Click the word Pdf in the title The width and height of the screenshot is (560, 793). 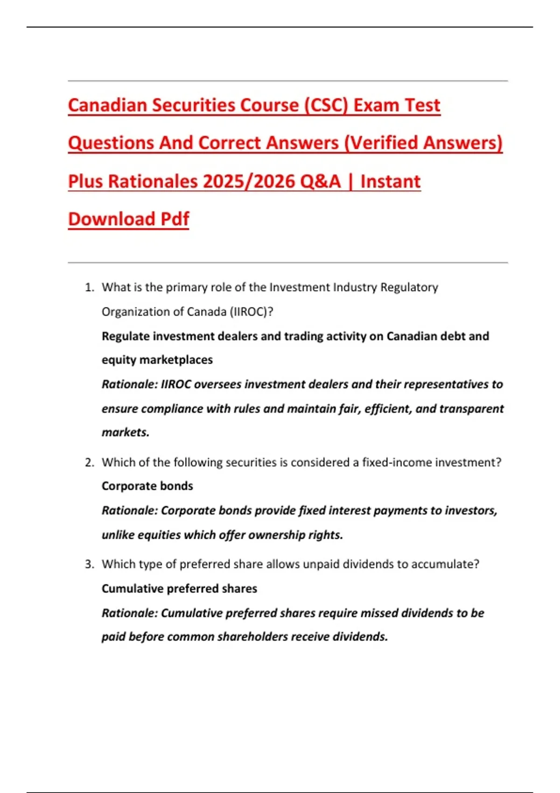click(x=175, y=219)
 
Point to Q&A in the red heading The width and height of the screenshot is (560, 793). click(x=320, y=181)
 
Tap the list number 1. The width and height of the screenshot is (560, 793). click(x=89, y=287)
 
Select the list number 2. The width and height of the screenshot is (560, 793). click(x=89, y=462)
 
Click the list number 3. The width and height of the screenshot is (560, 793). click(x=89, y=564)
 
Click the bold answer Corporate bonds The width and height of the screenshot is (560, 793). click(x=147, y=486)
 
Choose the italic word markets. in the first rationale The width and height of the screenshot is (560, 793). click(x=126, y=432)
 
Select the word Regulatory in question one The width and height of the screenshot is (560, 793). click(x=409, y=287)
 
